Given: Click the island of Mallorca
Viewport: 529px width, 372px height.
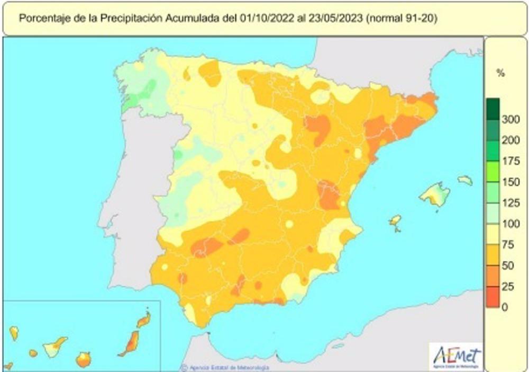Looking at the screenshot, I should click(x=434, y=194).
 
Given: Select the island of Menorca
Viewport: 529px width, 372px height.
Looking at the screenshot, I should click(x=465, y=180).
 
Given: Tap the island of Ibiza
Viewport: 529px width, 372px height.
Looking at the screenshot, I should click(x=395, y=221).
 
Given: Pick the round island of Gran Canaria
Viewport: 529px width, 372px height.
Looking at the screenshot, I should click(x=84, y=360).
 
